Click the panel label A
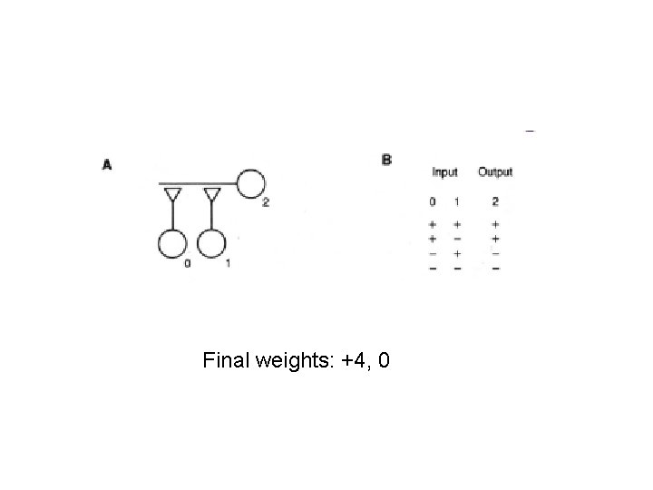tap(107, 164)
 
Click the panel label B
tap(387, 160)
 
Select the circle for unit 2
tap(250, 183)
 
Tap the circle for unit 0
tap(171, 244)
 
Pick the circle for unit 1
tap(210, 244)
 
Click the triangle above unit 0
tap(171, 195)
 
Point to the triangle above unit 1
tap(211, 195)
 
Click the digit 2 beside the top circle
tap(265, 202)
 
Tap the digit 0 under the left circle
tap(187, 264)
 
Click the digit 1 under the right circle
tap(227, 264)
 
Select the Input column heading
tap(445, 171)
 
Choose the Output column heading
tap(495, 171)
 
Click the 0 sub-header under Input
tap(432, 201)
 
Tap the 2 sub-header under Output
tap(495, 201)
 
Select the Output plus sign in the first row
tap(495, 223)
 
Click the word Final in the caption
tap(227, 362)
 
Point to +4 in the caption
tap(352, 362)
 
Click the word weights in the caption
tap(292, 363)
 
